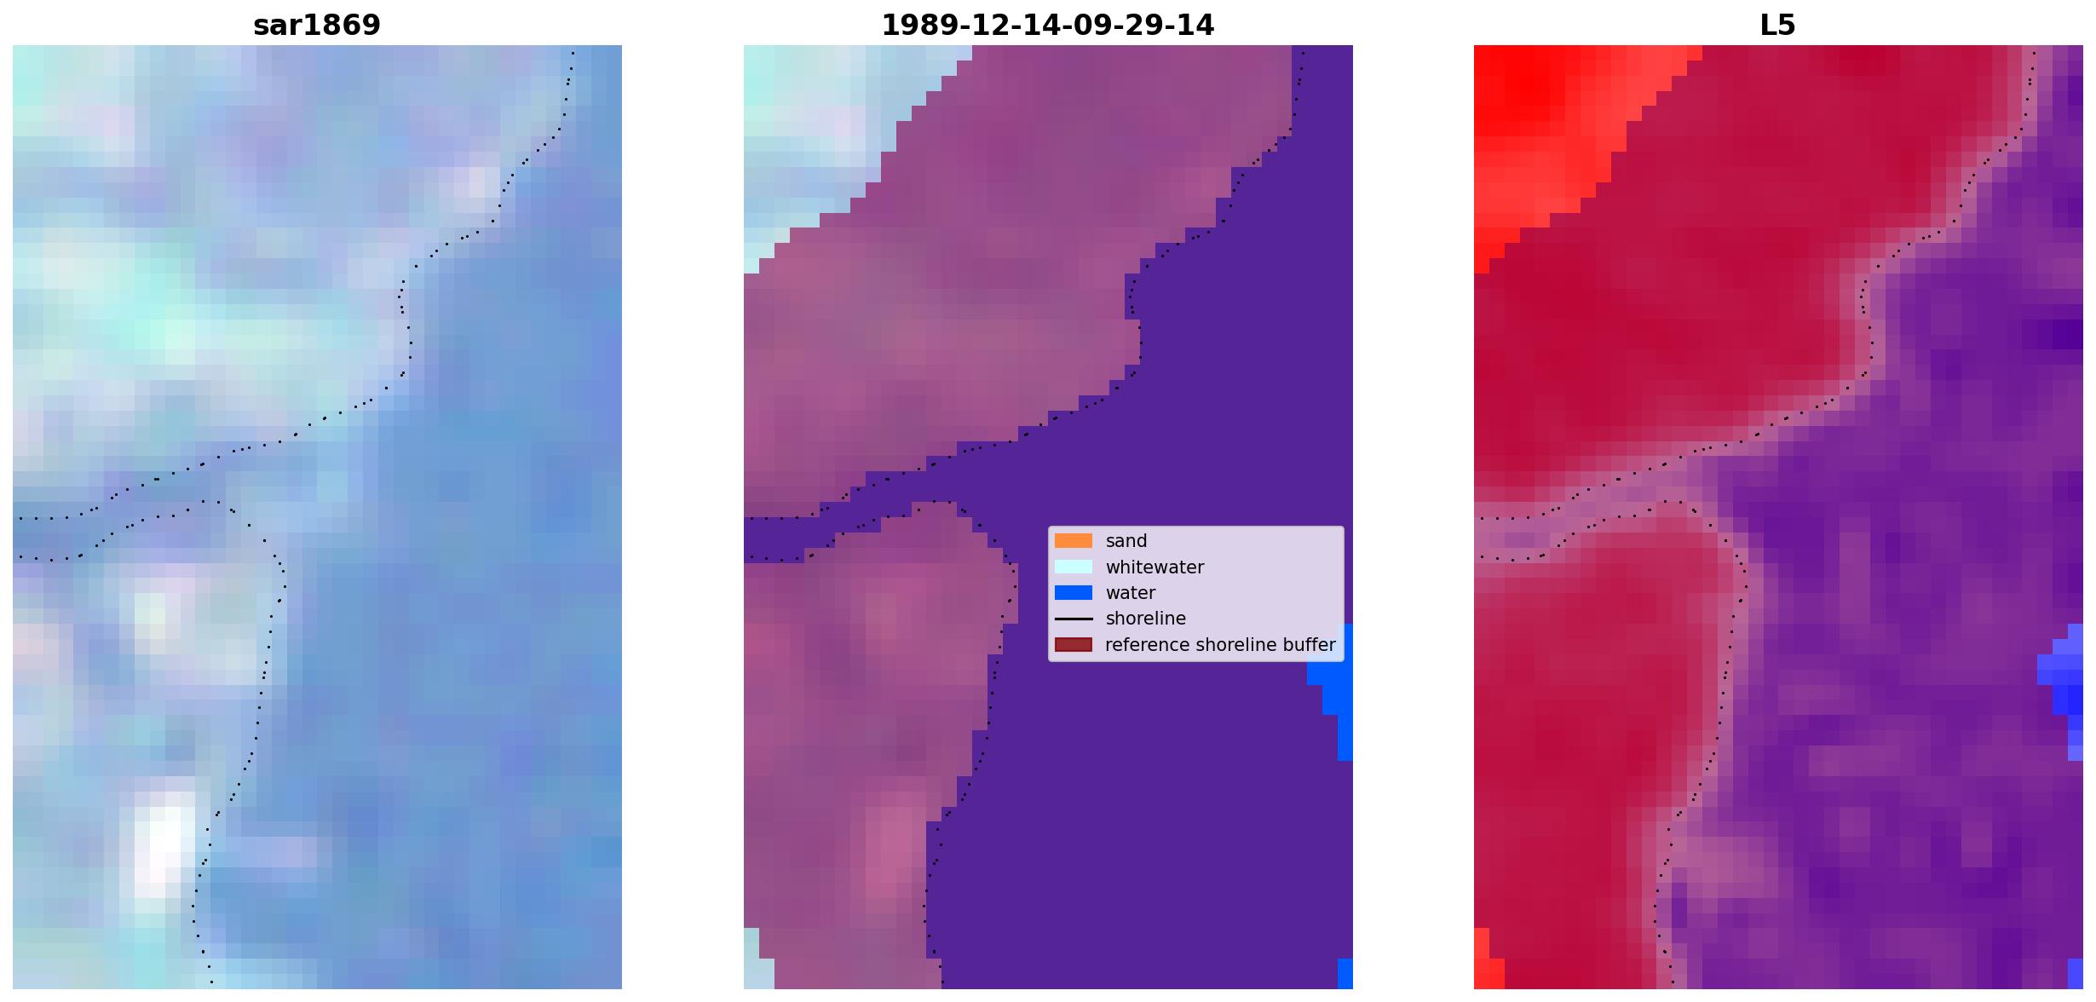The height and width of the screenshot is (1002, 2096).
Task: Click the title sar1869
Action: click(x=317, y=25)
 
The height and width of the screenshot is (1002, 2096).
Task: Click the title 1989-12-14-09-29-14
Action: click(x=1047, y=25)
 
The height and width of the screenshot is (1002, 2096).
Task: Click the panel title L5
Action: click(x=1777, y=25)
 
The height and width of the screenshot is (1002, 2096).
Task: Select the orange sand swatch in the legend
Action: click(x=1073, y=540)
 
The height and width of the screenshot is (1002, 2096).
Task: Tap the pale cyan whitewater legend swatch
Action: click(x=1073, y=567)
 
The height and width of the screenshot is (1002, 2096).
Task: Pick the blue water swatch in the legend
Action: click(x=1073, y=592)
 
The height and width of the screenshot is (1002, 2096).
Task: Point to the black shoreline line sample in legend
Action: click(x=1073, y=619)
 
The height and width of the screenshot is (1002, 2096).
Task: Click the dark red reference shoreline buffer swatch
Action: click(x=1073, y=644)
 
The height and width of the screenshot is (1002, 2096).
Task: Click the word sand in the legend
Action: click(x=1126, y=541)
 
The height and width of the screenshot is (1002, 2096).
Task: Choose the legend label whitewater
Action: click(x=1155, y=567)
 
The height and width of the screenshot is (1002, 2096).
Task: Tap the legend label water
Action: click(x=1130, y=593)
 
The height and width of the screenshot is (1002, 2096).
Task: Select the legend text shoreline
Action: click(x=1145, y=619)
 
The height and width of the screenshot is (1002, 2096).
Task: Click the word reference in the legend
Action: click(x=1147, y=645)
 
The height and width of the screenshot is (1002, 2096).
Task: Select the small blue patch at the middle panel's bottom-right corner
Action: click(x=1345, y=973)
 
